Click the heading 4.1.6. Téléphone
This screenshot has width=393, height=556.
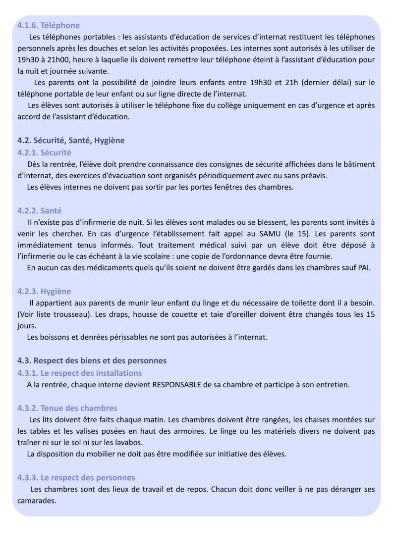point(49,25)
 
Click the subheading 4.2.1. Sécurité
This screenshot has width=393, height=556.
point(44,152)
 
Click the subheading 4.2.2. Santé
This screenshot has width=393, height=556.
point(40,211)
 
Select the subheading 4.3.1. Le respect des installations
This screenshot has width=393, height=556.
point(79,373)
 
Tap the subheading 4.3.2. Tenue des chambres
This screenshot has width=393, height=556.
point(67,408)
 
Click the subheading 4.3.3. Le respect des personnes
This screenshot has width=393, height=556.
point(76,478)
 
